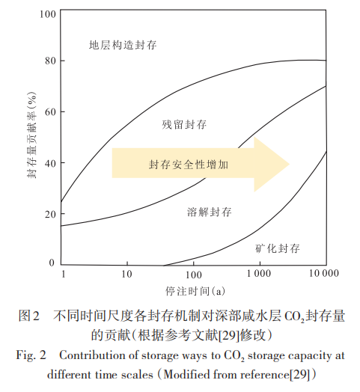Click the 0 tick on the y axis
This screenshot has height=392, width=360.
[52, 263]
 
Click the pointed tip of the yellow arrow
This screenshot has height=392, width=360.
[289, 163]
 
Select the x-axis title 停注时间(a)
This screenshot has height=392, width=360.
[192, 291]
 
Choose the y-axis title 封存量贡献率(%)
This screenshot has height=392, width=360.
[31, 138]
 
